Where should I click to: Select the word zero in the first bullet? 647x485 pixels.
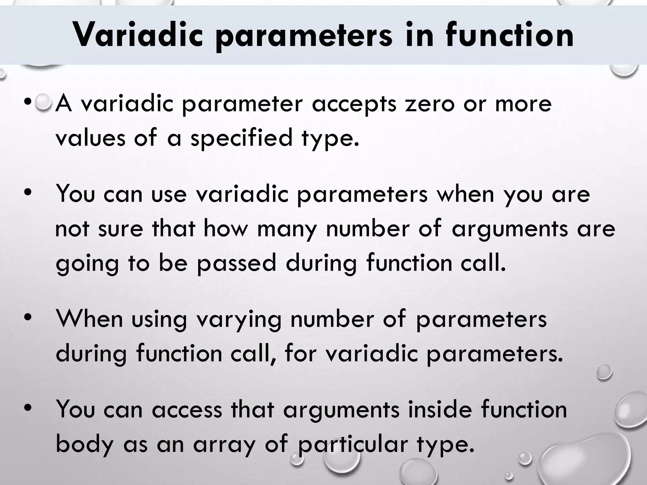tap(430, 104)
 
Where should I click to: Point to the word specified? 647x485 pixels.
tap(241, 138)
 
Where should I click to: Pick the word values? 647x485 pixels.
tap(90, 138)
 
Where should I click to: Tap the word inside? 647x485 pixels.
tap(439, 409)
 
